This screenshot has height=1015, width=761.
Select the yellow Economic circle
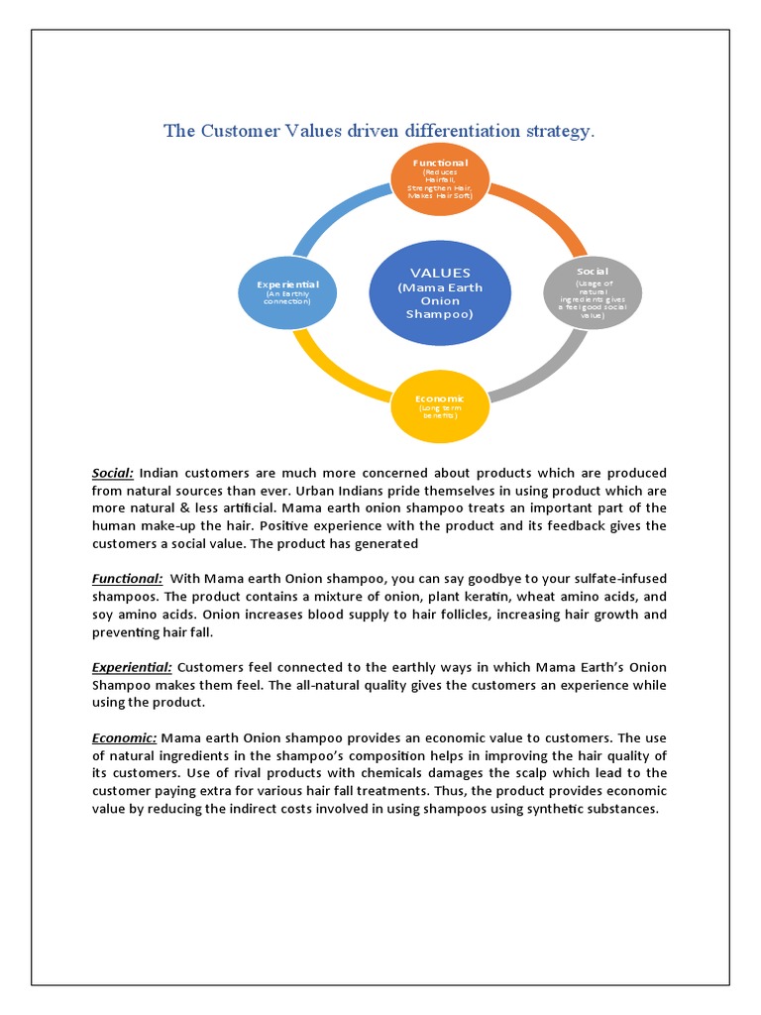pos(439,404)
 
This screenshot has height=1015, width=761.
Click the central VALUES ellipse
pos(440,292)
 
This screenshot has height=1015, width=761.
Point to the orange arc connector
pos(544,216)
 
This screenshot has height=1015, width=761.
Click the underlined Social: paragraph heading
pos(113,473)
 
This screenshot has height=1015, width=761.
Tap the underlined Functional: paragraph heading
pos(128,578)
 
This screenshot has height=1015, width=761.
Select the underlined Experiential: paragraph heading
pos(132,667)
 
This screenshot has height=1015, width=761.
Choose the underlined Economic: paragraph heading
pos(125,737)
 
